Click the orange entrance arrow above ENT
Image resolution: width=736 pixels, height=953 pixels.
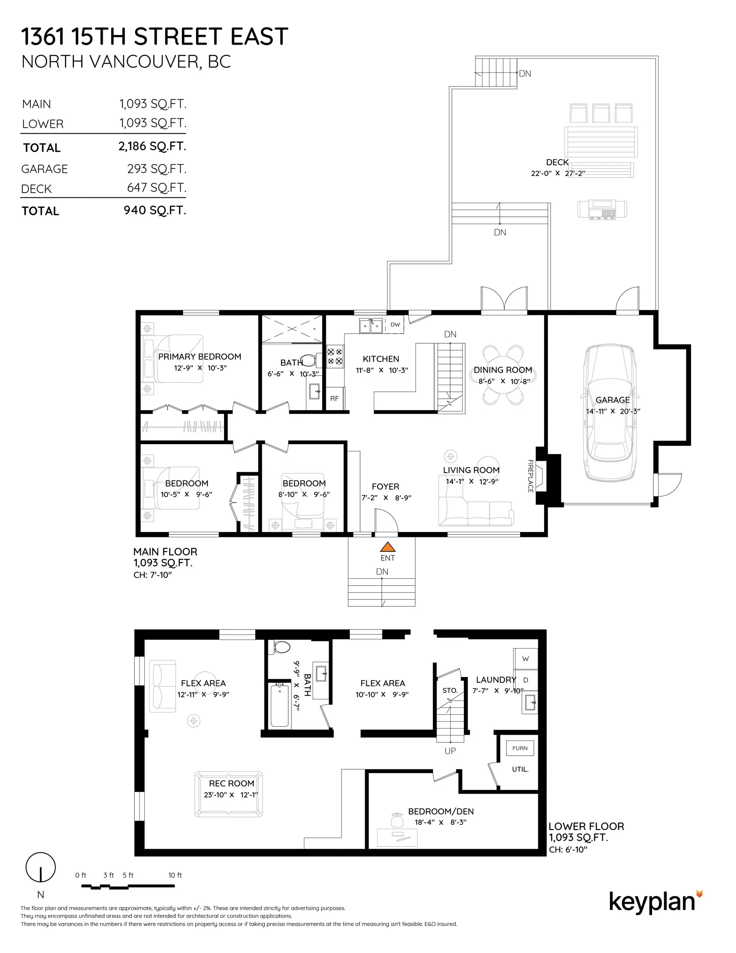point(387,547)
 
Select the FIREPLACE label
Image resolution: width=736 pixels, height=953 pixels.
point(530,476)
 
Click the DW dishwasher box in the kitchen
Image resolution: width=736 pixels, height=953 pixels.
point(395,325)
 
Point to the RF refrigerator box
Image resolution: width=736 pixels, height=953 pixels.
point(335,398)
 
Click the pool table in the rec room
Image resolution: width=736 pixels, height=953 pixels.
point(229,794)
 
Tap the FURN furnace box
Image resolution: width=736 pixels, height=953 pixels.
point(520,748)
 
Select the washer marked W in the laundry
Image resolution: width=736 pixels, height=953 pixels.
point(525,658)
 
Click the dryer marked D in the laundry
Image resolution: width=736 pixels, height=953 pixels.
point(525,680)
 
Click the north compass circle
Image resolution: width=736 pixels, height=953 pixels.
point(41,867)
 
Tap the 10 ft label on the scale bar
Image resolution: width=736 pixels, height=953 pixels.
point(175,875)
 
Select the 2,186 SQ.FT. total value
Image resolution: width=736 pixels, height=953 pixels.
point(152,146)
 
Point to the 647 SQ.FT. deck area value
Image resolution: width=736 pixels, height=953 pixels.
point(157,188)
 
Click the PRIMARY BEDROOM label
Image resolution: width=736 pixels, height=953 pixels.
point(200,357)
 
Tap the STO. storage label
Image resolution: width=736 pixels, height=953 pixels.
point(450,690)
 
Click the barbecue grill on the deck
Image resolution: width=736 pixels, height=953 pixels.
point(602,209)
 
